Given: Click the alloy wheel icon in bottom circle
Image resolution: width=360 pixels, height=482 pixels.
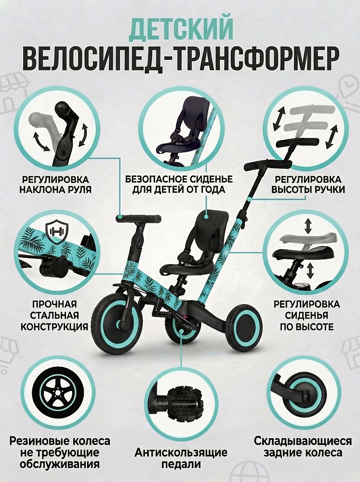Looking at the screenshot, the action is (x=57, y=392).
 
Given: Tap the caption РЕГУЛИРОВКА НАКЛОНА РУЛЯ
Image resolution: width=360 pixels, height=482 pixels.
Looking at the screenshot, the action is (x=55, y=184).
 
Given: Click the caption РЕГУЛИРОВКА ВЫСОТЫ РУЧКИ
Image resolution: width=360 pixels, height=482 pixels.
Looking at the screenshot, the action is (x=307, y=184).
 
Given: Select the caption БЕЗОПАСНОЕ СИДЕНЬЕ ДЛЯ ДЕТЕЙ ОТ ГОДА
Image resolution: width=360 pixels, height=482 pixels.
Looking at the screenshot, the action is (x=179, y=184).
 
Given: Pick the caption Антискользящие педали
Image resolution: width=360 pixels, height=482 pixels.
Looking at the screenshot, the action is (x=181, y=458).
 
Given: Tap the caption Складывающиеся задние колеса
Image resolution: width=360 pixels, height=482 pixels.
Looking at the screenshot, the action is (x=303, y=447).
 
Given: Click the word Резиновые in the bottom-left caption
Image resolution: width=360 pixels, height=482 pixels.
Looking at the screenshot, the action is (x=40, y=441).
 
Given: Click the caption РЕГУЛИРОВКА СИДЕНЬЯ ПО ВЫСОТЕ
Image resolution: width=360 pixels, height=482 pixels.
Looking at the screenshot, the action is (x=307, y=315).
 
